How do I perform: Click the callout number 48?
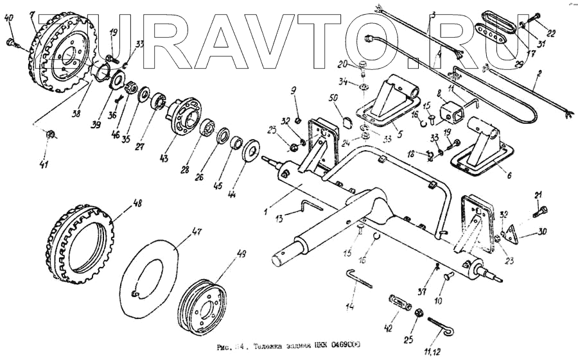[137, 205]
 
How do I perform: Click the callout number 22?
[551, 32]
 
